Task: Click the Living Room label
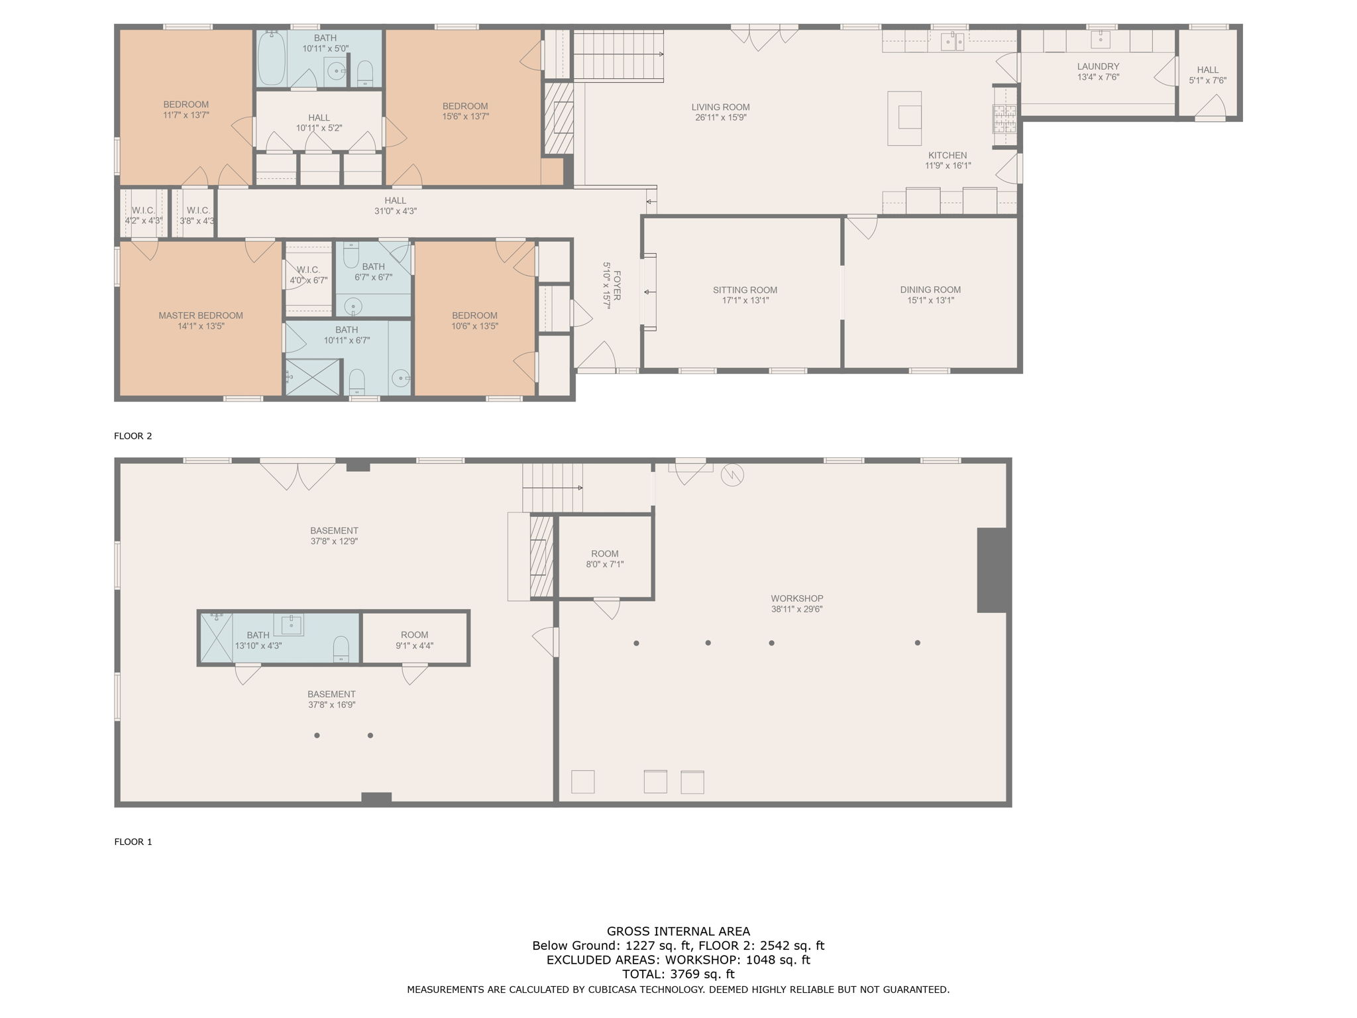[720, 107]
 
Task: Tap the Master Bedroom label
[200, 315]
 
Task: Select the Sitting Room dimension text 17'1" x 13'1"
[745, 300]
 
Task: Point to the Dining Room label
[930, 290]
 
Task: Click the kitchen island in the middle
[904, 118]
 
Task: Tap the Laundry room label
[1098, 66]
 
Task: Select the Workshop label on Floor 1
[796, 598]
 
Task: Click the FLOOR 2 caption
[133, 436]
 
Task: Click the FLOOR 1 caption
[133, 842]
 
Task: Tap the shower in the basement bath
[216, 638]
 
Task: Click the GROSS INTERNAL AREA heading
[678, 931]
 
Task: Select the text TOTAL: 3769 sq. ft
[678, 974]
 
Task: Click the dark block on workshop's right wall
[992, 570]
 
